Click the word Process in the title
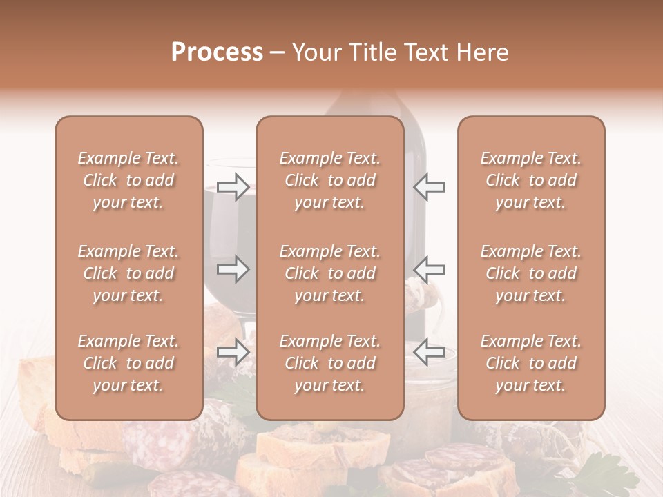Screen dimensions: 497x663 tap(217, 52)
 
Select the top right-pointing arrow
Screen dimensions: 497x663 tap(233, 186)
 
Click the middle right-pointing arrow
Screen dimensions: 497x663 tap(233, 269)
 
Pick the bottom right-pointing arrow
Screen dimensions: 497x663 tap(233, 352)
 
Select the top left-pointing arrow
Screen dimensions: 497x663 tap(429, 186)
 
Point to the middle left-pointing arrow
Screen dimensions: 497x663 tap(429, 269)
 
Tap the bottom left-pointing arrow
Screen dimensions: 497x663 tap(429, 352)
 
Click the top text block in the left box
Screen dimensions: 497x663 tap(128, 180)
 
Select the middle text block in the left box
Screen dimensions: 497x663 tap(128, 273)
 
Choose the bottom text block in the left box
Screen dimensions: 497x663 tap(128, 363)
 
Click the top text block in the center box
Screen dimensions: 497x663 tap(330, 180)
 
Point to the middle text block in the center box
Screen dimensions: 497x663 tap(330, 273)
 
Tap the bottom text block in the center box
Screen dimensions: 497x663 tap(330, 363)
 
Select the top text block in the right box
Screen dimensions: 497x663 tap(531, 180)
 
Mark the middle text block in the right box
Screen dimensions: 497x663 tap(531, 273)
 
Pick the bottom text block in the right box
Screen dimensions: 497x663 tap(531, 363)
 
